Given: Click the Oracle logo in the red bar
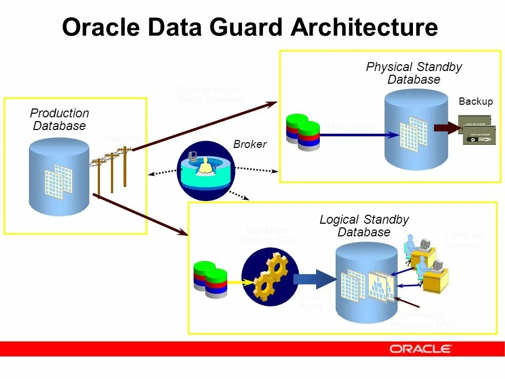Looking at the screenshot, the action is [421, 348].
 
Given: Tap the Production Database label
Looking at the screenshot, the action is [59, 119].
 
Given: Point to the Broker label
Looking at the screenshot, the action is [250, 144].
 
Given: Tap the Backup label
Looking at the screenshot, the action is [476, 102].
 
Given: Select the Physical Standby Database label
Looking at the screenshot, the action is [413, 73].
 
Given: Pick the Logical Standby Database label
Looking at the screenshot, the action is [364, 226].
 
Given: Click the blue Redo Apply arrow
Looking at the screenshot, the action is [358, 135].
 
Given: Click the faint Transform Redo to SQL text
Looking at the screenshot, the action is [268, 235].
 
